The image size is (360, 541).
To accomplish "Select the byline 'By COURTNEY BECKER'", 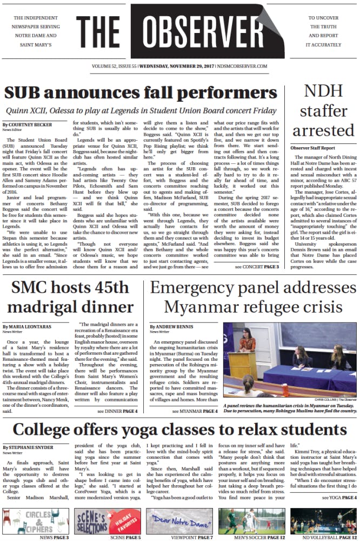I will pyautogui.click(x=28, y=124).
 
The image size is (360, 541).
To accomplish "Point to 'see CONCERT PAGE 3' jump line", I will pyautogui.click(x=257, y=267).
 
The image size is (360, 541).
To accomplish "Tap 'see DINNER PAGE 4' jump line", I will pyautogui.click(x=117, y=411).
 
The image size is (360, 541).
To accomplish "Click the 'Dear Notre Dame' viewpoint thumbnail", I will pyautogui.click(x=180, y=521).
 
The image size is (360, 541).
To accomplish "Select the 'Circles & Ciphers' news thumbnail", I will pyautogui.click(x=36, y=521).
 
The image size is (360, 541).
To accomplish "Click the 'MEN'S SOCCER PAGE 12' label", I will pyautogui.click(x=253, y=537).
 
